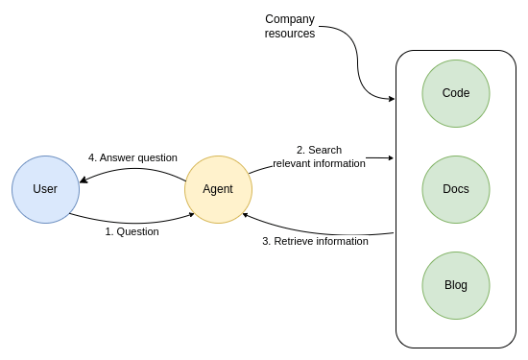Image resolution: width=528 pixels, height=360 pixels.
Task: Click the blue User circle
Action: [x=45, y=189]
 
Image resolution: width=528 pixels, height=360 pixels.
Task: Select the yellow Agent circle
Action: [x=218, y=189]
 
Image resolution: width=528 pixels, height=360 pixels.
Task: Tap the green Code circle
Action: [x=456, y=93]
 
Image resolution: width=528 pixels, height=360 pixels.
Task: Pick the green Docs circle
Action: [x=456, y=189]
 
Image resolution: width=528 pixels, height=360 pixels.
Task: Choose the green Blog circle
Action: [x=456, y=285]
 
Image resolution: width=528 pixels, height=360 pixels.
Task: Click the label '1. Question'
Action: [x=132, y=231]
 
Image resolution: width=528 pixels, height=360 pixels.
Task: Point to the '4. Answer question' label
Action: [x=132, y=157]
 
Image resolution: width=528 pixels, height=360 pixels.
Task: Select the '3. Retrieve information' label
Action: [x=315, y=241]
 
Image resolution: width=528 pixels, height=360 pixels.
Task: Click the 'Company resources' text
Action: [x=290, y=26]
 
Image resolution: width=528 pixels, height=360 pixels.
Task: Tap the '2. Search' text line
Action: [x=319, y=150]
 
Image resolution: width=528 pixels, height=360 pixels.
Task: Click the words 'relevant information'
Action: [x=319, y=163]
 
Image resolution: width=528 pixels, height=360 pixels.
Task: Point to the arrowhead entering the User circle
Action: [x=84, y=180]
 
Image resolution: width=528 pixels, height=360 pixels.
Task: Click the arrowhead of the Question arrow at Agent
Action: [x=191, y=214]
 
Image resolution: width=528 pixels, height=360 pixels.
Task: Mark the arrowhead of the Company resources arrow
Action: [x=392, y=99]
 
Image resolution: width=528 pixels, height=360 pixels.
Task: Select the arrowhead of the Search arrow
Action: [x=391, y=157]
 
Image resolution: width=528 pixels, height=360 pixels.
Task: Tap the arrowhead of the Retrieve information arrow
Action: [x=246, y=215]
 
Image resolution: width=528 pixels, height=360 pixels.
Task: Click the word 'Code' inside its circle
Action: [x=456, y=93]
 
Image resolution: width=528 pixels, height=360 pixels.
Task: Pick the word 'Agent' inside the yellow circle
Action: [x=218, y=189]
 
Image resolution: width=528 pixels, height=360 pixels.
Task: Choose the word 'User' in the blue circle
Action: [x=45, y=189]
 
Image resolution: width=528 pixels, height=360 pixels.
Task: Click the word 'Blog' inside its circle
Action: [x=456, y=285]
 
